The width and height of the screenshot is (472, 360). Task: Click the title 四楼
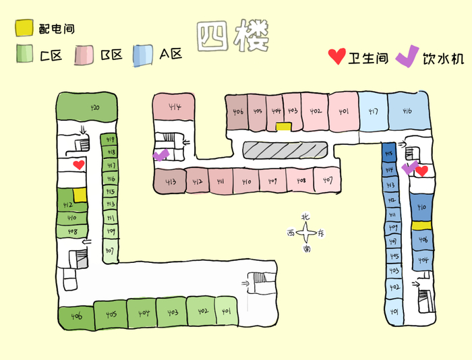click(233, 36)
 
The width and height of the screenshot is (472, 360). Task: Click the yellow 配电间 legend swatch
click(24, 28)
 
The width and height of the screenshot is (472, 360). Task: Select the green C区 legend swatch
click(25, 55)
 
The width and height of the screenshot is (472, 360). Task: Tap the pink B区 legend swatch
click(85, 55)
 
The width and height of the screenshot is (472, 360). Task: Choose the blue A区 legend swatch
click(144, 55)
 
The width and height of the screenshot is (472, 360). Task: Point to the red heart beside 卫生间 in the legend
click(336, 57)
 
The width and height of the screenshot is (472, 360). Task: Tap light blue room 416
click(408, 108)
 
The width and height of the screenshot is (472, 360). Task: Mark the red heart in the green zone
click(79, 164)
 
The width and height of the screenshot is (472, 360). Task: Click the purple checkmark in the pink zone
click(160, 155)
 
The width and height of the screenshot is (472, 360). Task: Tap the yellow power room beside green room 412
click(80, 194)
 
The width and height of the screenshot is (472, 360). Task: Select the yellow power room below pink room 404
click(283, 126)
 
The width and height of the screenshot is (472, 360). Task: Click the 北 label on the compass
click(306, 217)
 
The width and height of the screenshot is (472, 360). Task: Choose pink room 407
click(327, 181)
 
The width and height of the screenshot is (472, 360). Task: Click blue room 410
click(421, 207)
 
